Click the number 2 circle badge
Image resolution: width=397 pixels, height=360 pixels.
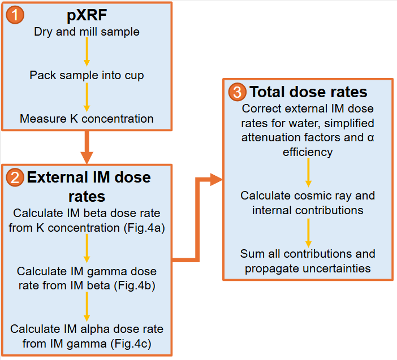click(x=15, y=179)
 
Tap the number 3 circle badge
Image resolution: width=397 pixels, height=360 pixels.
click(x=237, y=92)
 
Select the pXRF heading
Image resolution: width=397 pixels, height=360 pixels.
click(x=87, y=16)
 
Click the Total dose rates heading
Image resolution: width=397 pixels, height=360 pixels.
click(x=308, y=92)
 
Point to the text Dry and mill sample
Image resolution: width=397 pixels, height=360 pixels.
click(x=87, y=32)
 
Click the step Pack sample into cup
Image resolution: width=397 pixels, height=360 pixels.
click(x=87, y=75)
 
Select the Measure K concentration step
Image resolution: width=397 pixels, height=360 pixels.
click(x=87, y=119)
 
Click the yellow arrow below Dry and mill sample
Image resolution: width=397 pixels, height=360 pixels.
click(x=87, y=54)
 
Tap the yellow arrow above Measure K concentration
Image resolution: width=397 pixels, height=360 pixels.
click(x=87, y=97)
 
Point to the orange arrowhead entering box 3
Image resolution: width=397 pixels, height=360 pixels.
click(x=215, y=180)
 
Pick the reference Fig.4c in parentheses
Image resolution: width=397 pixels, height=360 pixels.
click(x=131, y=343)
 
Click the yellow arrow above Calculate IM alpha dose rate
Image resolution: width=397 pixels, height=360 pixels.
click(x=87, y=309)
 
